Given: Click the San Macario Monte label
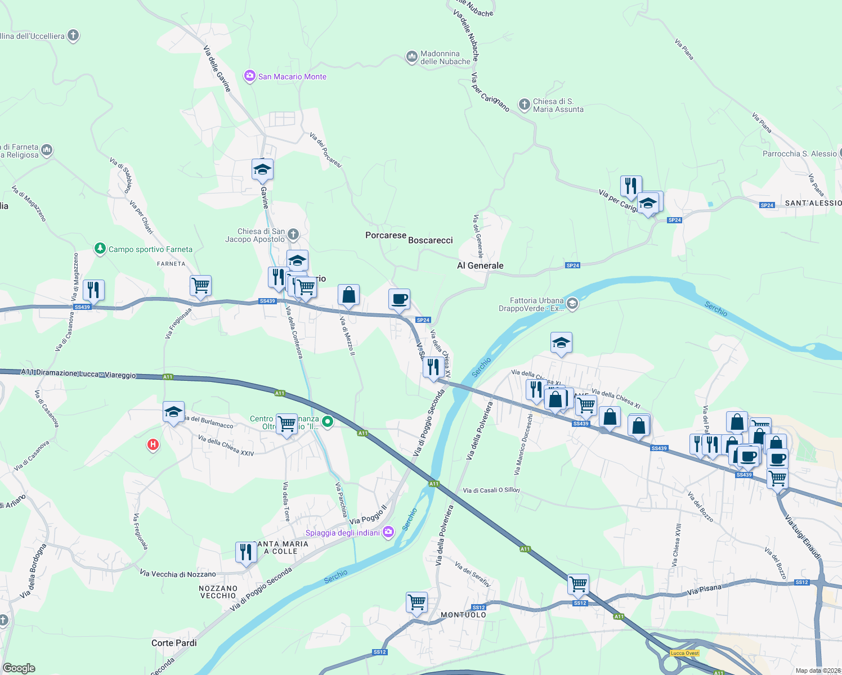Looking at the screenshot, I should [x=292, y=76].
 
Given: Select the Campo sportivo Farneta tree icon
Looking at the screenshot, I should [x=100, y=249].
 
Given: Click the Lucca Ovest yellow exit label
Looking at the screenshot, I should [x=685, y=653].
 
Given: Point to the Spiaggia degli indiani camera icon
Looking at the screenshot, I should [x=388, y=532].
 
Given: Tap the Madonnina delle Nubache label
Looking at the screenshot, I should [x=445, y=57].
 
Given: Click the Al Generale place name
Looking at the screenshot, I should [x=480, y=265].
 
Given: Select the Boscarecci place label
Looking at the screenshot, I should [x=431, y=240].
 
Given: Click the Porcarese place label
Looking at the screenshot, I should [x=386, y=235].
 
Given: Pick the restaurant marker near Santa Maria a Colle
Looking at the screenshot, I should [x=246, y=552].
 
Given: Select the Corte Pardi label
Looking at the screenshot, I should [x=174, y=643].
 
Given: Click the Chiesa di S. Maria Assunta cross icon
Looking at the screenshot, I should [x=524, y=104].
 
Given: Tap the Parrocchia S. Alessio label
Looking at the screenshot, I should [x=799, y=154].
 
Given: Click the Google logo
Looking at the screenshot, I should [x=19, y=668].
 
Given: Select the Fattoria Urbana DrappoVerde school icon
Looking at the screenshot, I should [x=572, y=304].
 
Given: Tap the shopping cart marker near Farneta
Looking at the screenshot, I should [x=200, y=286].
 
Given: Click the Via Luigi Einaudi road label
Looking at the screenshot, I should [x=803, y=537].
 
